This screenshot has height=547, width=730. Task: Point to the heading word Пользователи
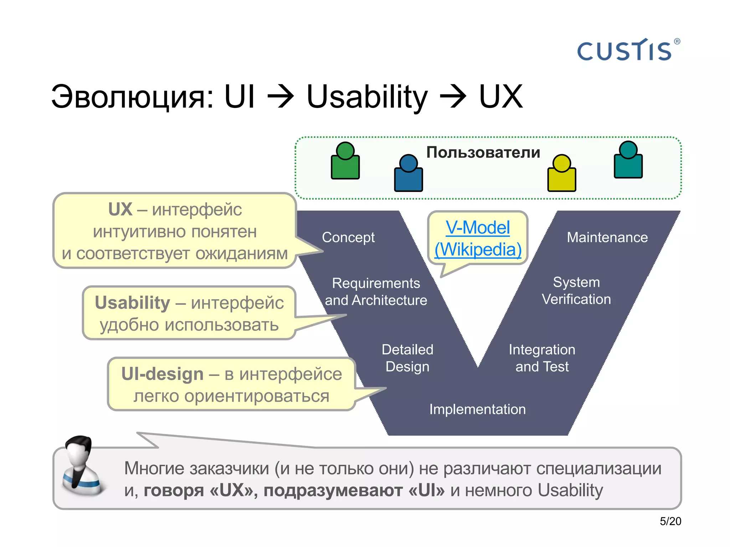[483, 152]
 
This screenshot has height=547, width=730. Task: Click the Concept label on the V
[348, 237]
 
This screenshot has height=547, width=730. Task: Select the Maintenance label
[607, 237]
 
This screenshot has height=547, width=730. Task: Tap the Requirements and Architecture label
[376, 291]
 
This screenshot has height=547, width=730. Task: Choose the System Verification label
[576, 291]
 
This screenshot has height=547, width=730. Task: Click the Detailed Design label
[407, 358]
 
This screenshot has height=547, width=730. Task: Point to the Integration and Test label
[542, 358]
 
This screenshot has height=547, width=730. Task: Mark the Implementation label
[477, 409]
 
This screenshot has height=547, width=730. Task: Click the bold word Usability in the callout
[132, 303]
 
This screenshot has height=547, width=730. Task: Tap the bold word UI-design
[162, 374]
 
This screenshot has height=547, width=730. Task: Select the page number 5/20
[670, 521]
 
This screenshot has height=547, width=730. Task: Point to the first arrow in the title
[281, 97]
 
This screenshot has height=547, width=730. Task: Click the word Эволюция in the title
[132, 97]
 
